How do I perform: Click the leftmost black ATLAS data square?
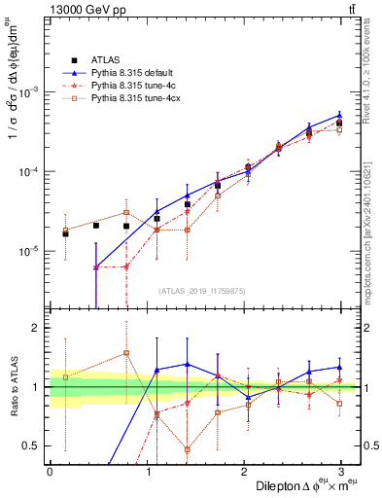click(65, 233)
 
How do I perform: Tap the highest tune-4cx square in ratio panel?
click(126, 353)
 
